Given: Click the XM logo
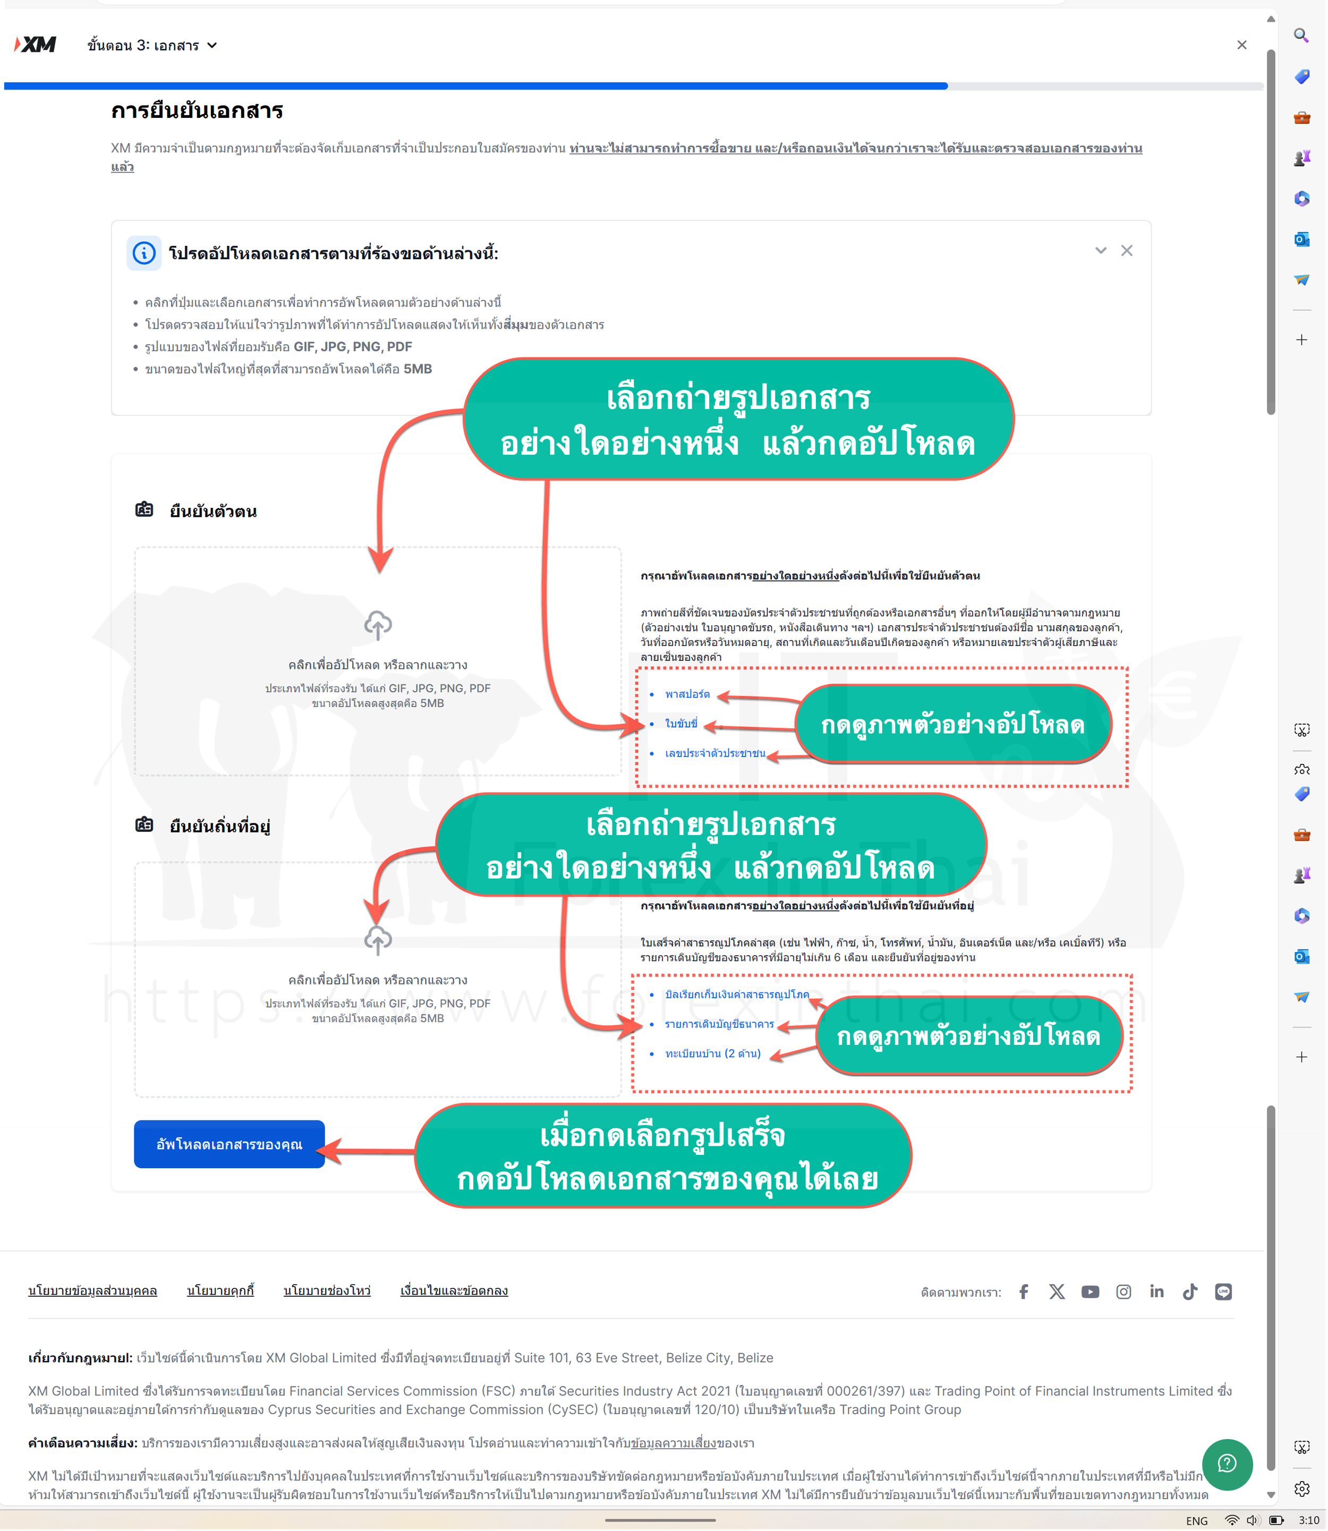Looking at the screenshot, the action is (x=36, y=45).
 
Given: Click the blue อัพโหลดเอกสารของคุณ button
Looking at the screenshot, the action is (x=229, y=1144).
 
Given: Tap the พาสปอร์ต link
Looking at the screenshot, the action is (x=687, y=694).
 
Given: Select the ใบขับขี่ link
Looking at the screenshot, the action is (x=681, y=723).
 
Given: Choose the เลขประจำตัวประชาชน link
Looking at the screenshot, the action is (x=715, y=753).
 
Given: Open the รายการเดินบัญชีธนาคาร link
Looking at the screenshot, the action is (x=719, y=1024).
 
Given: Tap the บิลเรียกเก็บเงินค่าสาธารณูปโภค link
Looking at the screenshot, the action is (x=737, y=994).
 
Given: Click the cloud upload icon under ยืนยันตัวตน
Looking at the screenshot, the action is (x=378, y=625).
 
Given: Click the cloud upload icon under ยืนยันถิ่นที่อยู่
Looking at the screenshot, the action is (x=378, y=940).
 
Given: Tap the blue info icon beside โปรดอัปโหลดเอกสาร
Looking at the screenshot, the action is (x=144, y=253).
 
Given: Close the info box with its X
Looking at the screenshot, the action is (x=1127, y=250).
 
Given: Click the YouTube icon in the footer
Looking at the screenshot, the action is (x=1090, y=1291).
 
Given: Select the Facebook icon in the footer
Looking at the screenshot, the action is (x=1024, y=1291).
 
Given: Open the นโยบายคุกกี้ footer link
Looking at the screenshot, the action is (x=220, y=1290).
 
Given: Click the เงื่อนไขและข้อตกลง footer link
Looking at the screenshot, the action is (x=454, y=1290).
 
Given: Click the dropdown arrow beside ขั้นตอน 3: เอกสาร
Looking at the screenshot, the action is (x=212, y=45).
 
